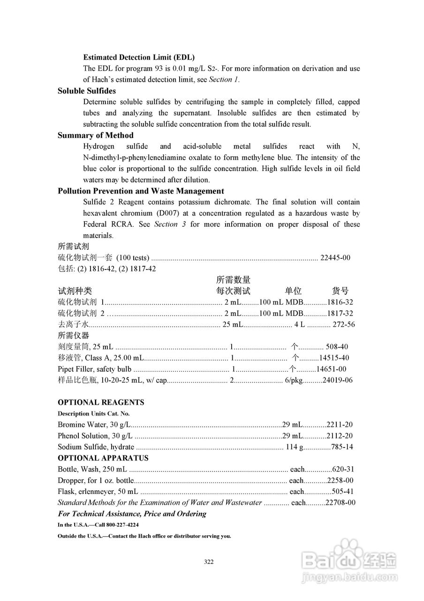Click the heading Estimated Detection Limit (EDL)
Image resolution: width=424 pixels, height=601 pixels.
[139, 57]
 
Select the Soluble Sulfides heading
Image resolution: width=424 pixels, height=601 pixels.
[87, 91]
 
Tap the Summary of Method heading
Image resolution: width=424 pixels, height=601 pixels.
[95, 136]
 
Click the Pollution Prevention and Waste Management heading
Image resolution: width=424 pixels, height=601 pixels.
[141, 191]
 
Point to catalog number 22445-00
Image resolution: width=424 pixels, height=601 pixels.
[335, 258]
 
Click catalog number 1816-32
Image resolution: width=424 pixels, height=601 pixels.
[340, 302]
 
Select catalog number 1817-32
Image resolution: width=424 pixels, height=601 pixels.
[340, 314]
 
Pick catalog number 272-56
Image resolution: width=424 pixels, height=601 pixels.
[343, 325]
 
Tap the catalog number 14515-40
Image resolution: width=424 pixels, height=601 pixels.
[334, 358]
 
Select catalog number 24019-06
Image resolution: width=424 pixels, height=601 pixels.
[337, 381]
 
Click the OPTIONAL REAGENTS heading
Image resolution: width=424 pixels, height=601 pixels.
[101, 403]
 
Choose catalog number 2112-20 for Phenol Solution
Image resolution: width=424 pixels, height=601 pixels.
[340, 436]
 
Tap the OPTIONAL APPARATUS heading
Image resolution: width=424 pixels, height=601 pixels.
[103, 458]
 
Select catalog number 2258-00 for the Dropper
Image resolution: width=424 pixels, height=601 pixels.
[340, 481]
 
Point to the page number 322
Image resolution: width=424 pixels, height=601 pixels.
[209, 562]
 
